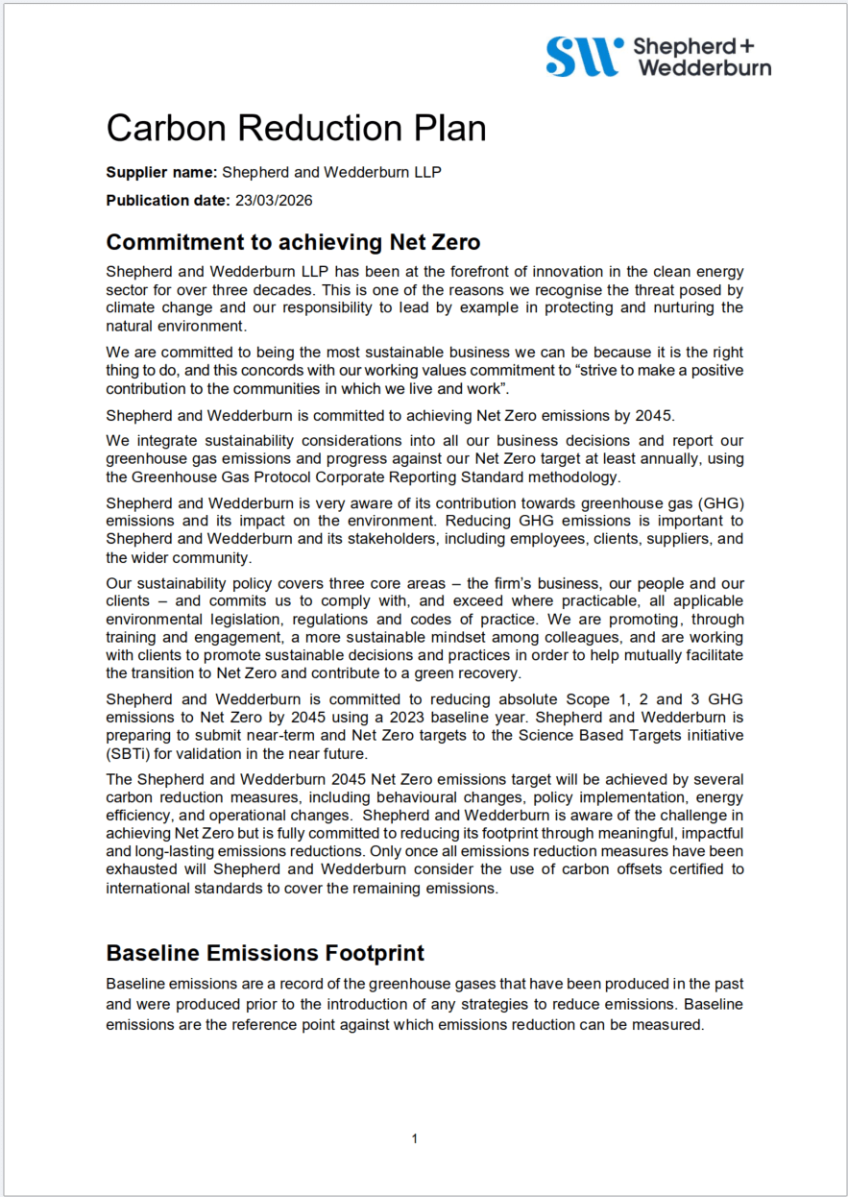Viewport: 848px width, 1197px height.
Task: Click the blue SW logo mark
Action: [581, 57]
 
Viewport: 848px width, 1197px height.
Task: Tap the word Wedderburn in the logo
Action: [704, 67]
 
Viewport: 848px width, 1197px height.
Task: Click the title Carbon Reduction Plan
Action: [296, 128]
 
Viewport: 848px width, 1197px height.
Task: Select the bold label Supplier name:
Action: [161, 173]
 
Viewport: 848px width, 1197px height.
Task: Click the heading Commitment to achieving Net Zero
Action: [293, 241]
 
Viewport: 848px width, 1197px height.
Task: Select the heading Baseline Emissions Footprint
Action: [265, 953]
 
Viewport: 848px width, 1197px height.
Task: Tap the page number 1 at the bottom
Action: [415, 1139]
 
